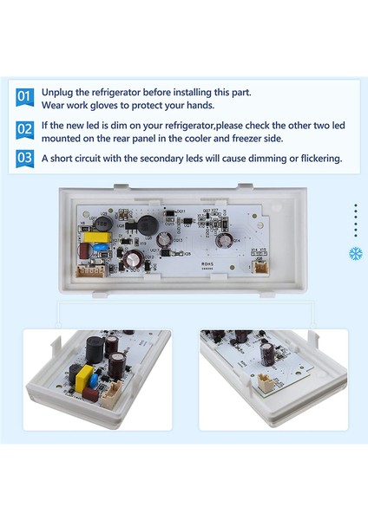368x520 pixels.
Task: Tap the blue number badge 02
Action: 24,129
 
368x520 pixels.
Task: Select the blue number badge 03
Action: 24,159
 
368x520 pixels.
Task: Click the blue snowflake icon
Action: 355,254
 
